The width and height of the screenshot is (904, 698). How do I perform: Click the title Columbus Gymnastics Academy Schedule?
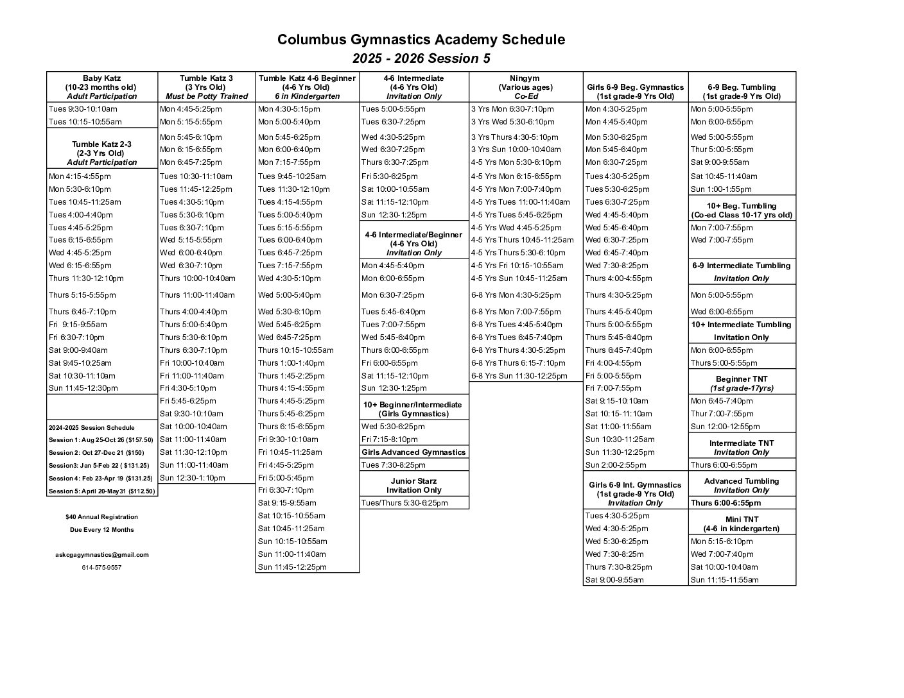click(421, 40)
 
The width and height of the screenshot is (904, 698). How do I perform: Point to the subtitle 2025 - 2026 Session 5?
click(421, 59)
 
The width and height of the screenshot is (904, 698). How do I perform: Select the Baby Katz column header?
click(101, 87)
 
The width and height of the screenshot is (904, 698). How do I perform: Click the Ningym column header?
click(525, 87)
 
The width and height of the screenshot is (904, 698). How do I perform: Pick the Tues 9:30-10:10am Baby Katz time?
click(83, 109)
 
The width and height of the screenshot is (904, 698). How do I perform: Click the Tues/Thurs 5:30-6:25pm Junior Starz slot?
click(404, 503)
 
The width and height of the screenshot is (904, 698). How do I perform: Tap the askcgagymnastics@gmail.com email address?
click(101, 555)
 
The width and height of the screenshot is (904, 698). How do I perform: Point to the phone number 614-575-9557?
click(101, 568)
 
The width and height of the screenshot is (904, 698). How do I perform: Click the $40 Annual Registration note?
click(101, 517)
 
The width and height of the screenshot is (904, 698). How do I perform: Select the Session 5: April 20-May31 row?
click(101, 491)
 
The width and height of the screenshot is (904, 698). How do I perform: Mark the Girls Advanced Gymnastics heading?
click(413, 452)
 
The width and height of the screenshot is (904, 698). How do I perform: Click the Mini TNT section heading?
click(742, 524)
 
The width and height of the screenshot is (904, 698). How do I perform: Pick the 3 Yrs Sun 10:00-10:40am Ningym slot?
click(516, 149)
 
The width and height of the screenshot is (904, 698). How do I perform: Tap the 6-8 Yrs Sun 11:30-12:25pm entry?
click(519, 376)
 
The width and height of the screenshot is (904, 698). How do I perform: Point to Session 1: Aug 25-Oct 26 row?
click(101, 440)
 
